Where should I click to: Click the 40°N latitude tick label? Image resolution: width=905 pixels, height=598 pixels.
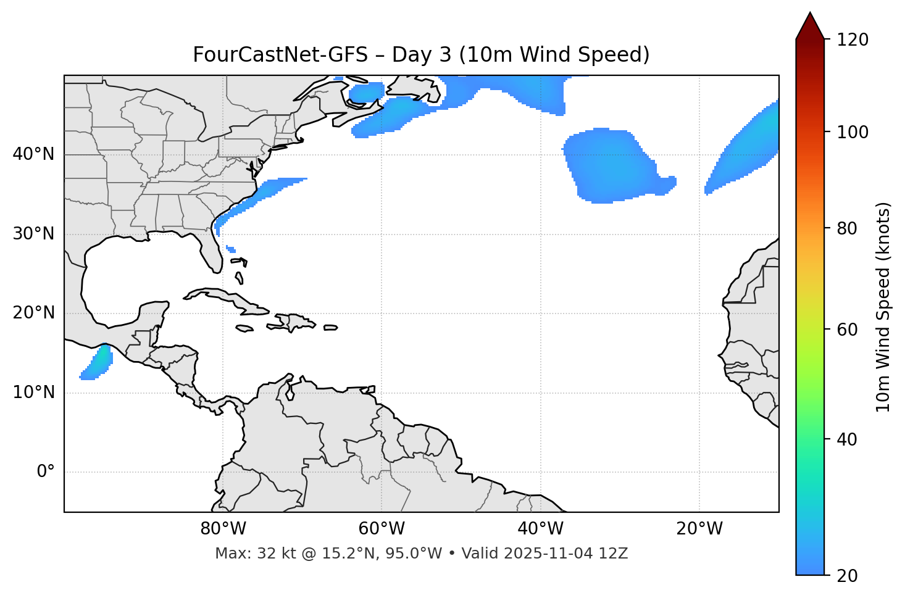[33, 154]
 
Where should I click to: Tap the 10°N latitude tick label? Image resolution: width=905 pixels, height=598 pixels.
[33, 392]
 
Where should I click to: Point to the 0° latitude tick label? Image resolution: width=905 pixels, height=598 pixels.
[45, 472]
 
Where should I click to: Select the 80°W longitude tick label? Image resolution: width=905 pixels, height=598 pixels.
[223, 529]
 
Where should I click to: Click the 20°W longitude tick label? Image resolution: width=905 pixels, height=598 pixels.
[699, 529]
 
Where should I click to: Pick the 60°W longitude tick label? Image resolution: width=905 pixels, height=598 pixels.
[382, 529]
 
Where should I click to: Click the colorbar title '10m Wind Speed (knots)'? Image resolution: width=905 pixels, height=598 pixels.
[883, 307]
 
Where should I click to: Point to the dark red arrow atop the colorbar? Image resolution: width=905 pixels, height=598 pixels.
[810, 26]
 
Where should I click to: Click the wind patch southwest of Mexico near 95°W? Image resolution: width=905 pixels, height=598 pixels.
[98, 363]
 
